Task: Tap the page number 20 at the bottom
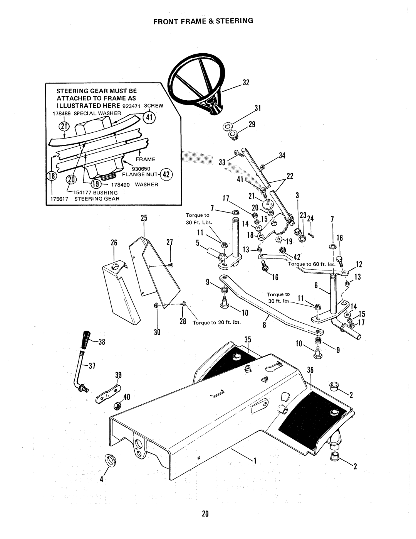click(x=205, y=514)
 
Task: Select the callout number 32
click(x=246, y=83)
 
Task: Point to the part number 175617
click(x=59, y=199)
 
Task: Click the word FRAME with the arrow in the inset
click(x=146, y=159)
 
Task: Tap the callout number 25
click(x=144, y=218)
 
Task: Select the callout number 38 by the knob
click(x=102, y=342)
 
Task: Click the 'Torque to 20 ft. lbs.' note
click(x=216, y=323)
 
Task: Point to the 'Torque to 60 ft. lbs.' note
click(x=312, y=264)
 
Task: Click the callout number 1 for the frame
click(x=255, y=461)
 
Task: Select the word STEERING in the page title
click(x=235, y=21)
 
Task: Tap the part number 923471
click(x=131, y=106)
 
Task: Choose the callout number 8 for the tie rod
click(x=265, y=325)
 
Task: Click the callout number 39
click(x=118, y=375)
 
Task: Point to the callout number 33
click(x=222, y=162)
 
